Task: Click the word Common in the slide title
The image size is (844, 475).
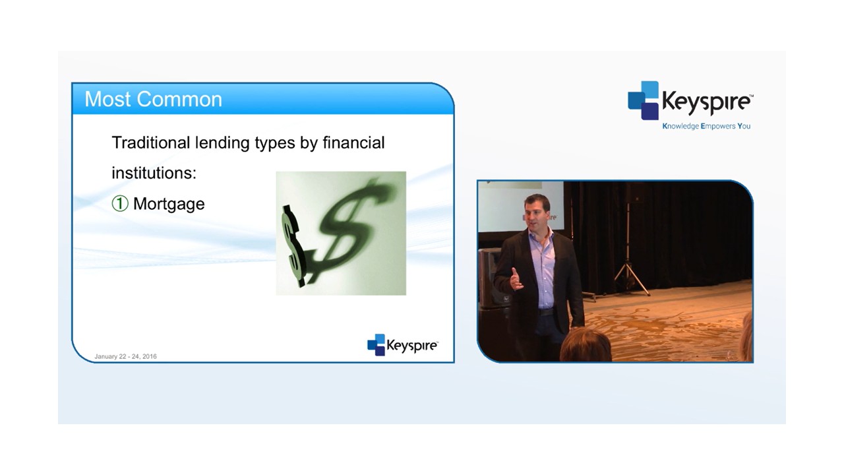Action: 179,99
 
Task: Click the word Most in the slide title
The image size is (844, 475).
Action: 108,99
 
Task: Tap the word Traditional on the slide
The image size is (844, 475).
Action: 151,142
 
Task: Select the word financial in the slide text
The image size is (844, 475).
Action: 353,142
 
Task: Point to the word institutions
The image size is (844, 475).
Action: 154,173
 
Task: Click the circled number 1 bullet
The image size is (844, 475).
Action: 120,204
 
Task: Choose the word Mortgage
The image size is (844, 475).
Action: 169,205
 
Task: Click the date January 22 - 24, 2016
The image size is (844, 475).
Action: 125,356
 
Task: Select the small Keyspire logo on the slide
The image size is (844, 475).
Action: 402,344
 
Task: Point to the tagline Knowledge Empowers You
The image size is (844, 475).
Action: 706,126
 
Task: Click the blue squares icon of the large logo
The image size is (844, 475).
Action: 643,100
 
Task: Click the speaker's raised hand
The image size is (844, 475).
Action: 516,279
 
